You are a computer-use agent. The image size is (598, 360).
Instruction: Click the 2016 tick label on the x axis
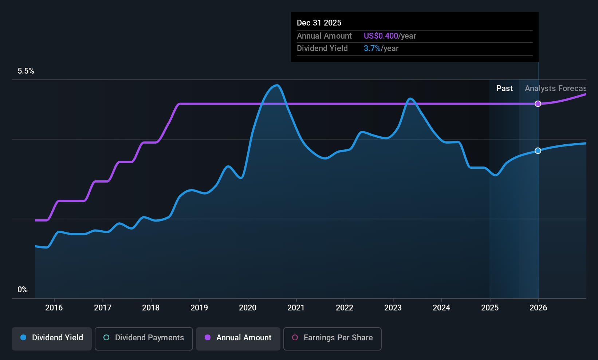coord(54,308)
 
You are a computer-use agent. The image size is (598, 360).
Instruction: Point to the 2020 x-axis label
coord(248,308)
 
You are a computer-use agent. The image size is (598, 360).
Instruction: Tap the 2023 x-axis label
coord(393,308)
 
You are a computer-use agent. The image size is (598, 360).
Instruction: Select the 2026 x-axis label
coord(538,308)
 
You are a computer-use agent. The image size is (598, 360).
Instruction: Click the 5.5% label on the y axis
coord(26,71)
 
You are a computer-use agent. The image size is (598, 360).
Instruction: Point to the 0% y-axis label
coord(23,290)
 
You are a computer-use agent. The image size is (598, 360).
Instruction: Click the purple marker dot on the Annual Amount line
coord(538,103)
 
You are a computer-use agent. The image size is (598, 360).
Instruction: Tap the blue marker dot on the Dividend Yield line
coord(538,150)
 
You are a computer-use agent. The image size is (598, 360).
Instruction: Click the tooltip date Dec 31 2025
coord(319,23)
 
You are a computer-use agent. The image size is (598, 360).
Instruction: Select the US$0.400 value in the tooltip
coord(381,36)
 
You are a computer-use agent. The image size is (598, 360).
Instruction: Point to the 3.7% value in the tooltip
coord(372,48)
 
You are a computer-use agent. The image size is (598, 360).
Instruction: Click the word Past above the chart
coord(504,89)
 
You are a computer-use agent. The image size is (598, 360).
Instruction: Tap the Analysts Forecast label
coord(555,89)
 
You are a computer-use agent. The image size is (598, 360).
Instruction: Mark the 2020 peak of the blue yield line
coord(277,86)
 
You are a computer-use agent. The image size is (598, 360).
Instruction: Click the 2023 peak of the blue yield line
coord(410,99)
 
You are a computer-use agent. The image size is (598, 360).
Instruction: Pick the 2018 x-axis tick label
coord(151,308)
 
